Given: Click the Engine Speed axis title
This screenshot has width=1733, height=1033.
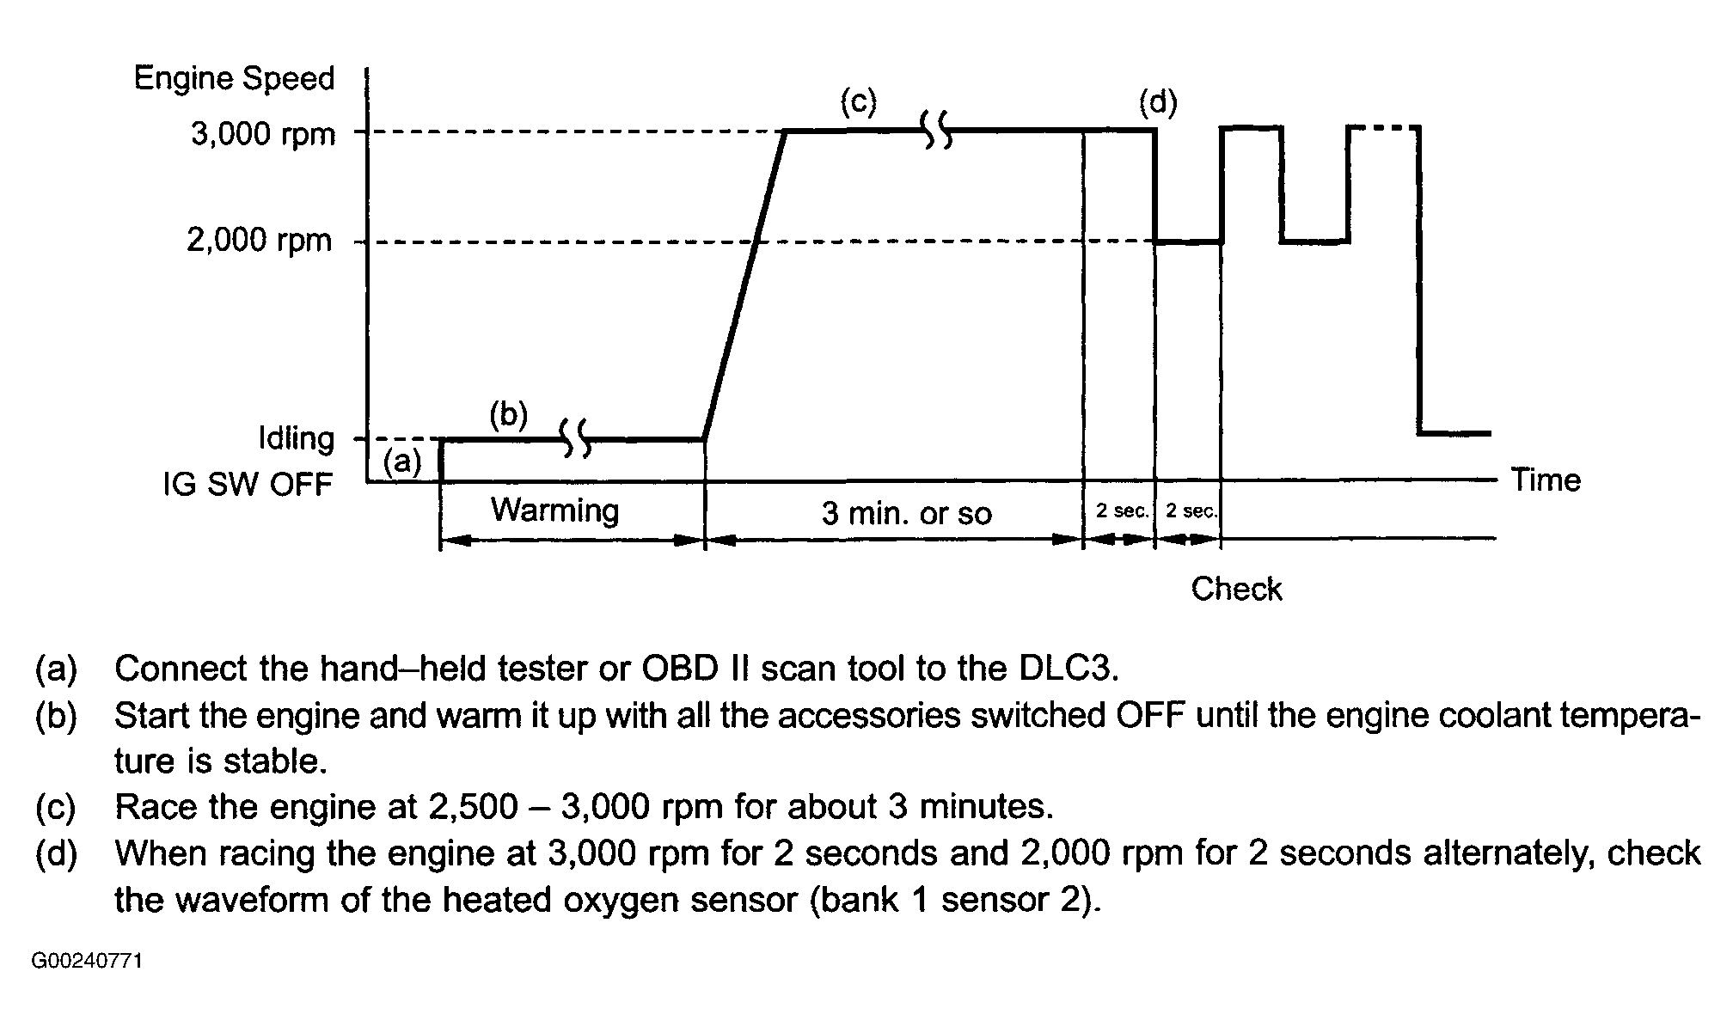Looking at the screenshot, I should tap(234, 78).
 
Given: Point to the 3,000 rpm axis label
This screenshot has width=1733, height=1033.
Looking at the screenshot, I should tap(263, 134).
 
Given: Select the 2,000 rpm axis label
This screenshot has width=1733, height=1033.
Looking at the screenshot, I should tap(260, 240).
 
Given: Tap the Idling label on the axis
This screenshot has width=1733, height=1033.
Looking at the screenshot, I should tap(297, 438).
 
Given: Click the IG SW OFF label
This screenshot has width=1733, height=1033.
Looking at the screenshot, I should tap(248, 485).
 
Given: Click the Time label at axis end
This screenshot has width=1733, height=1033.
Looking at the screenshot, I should tap(1546, 480).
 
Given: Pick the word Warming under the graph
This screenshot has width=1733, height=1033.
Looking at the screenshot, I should tap(554, 510).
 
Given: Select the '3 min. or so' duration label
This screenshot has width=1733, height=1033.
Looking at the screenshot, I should tap(906, 513).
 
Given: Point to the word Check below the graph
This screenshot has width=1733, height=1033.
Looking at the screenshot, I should tap(1236, 589).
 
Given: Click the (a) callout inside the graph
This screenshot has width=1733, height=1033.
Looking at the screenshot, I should tap(402, 462).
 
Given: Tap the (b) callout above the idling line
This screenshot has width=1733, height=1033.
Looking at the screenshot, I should tap(508, 414).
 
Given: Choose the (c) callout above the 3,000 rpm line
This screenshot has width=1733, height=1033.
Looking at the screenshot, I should tap(858, 102).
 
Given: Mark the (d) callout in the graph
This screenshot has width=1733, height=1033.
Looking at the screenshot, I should tap(1158, 102).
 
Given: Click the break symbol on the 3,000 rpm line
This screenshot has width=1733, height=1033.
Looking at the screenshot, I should tap(937, 130).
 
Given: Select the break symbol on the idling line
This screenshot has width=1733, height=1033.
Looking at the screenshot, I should tap(576, 438).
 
